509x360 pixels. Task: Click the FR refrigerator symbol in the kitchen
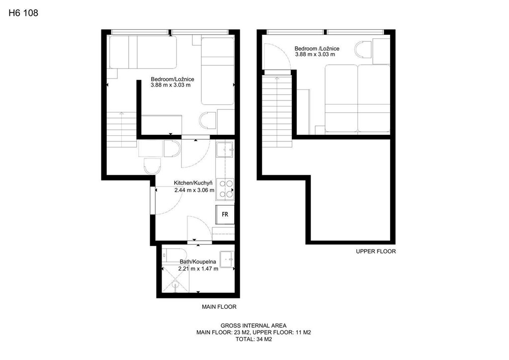click(225, 215)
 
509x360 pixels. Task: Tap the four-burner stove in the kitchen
click(225, 188)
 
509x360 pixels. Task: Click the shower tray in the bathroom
click(175, 279)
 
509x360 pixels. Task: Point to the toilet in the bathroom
click(174, 255)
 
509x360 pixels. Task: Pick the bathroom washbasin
click(227, 259)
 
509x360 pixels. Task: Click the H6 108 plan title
click(23, 12)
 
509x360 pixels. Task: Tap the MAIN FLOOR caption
click(219, 307)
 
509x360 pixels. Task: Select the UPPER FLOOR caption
click(376, 251)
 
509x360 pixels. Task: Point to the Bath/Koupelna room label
click(198, 262)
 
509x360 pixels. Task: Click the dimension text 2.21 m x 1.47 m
click(198, 269)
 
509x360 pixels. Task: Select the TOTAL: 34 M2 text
click(254, 340)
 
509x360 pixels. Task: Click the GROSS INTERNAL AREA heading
click(254, 326)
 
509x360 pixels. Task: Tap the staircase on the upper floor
click(277, 112)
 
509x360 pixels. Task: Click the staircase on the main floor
click(122, 129)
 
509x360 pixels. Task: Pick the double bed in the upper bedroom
click(357, 98)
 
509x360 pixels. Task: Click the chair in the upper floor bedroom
click(363, 49)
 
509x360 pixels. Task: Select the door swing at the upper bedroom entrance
click(276, 56)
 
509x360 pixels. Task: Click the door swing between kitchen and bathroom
click(199, 228)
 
